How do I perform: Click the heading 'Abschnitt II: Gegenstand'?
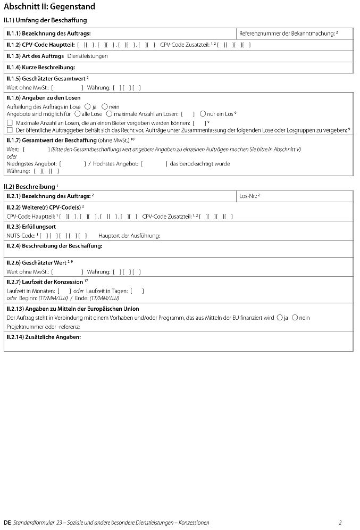[x=49, y=7]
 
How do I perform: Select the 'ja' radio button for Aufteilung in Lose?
[x=88, y=106]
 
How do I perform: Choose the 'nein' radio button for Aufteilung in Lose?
[x=105, y=106]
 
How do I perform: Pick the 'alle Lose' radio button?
[x=78, y=114]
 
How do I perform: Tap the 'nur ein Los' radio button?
[x=203, y=114]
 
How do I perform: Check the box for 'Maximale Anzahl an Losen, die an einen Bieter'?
[x=9, y=122]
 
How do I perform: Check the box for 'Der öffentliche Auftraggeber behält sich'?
[x=9, y=129]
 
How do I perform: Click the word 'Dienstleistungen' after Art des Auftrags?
[x=87, y=56]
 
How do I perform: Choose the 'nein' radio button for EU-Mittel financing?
[x=295, y=318]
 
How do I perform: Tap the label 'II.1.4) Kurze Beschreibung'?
[x=40, y=68]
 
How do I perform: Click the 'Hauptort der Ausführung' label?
[x=129, y=235]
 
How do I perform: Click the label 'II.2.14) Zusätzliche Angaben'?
[x=43, y=337]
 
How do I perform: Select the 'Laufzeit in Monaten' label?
[x=30, y=291]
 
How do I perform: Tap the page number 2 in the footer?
[x=340, y=523]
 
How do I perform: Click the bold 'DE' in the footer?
[x=7, y=523]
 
